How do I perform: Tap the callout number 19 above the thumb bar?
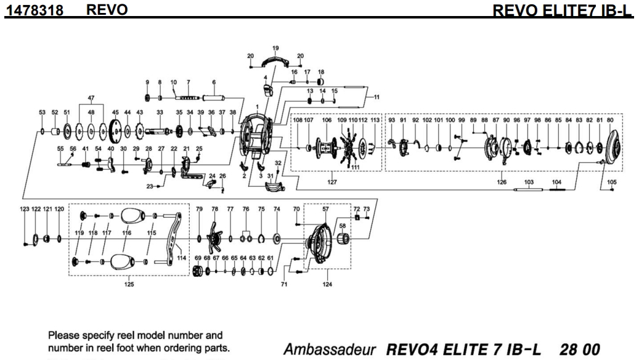[275, 47]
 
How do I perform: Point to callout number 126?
[502, 182]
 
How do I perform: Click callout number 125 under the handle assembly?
[129, 284]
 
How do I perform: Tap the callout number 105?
[611, 182]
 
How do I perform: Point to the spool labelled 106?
[326, 148]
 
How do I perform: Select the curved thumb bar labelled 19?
[275, 61]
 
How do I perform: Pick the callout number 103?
[528, 182]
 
